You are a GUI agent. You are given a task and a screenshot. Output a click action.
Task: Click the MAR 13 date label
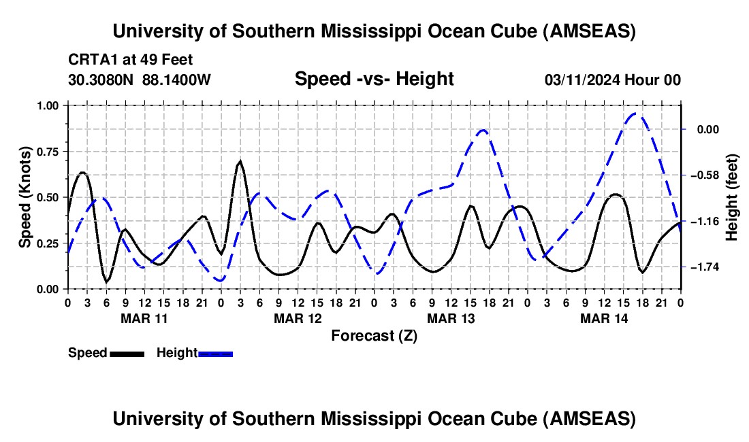450,318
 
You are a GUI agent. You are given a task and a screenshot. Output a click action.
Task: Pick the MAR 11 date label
144,318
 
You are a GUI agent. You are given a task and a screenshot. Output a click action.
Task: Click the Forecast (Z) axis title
374,335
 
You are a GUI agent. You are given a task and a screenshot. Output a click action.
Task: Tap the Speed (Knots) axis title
25,197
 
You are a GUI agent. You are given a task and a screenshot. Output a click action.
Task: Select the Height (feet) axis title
732,197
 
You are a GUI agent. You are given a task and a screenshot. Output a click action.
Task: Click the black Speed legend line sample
127,354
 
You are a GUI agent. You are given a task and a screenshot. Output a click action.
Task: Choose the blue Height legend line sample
216,354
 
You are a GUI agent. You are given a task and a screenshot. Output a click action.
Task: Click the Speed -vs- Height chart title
374,79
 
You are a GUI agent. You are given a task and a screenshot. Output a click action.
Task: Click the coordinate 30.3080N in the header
102,80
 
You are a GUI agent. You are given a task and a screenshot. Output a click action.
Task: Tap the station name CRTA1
91,59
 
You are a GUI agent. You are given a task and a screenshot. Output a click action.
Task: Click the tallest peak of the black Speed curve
240,162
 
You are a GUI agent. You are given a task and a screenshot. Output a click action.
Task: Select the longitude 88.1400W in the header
177,80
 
